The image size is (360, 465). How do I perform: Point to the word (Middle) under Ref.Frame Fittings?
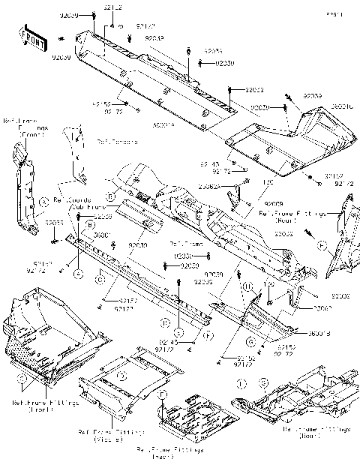(x=111, y=439)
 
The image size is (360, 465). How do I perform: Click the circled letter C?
(x=98, y=280)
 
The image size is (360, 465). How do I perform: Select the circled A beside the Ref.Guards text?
(x=44, y=200)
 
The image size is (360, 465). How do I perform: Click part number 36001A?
(x=163, y=124)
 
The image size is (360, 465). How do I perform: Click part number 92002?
(x=342, y=298)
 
